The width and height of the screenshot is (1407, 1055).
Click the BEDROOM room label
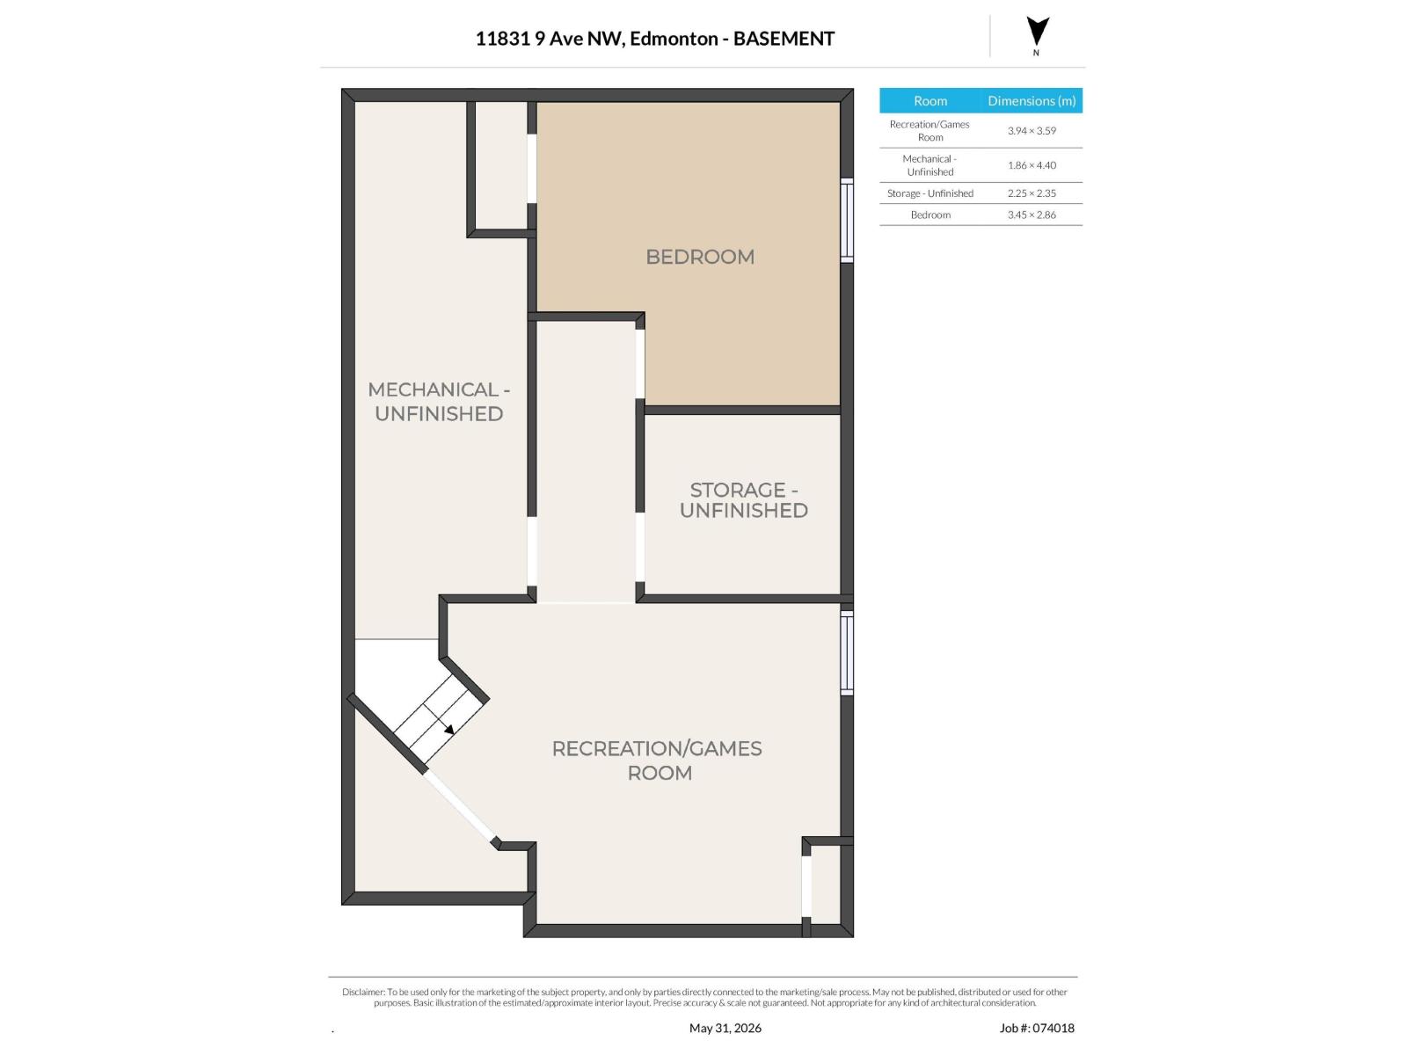[699, 256]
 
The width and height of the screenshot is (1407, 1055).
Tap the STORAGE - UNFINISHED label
[744, 499]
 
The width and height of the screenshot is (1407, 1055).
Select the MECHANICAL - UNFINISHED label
[439, 401]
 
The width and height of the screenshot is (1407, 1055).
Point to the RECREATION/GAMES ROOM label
[657, 760]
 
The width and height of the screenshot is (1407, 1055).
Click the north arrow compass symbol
[1037, 32]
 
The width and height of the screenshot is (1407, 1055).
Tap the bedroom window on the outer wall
[847, 220]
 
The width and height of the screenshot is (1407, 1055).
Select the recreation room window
[847, 652]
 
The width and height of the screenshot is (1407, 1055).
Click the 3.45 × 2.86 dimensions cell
[1032, 215]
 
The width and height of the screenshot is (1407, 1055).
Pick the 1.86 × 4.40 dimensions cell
[1032, 165]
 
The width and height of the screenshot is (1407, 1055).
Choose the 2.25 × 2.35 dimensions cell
[1032, 193]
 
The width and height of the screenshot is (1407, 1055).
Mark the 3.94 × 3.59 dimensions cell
[1032, 131]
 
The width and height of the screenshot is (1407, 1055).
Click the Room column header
[930, 100]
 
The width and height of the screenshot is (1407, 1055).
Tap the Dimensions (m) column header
[1032, 100]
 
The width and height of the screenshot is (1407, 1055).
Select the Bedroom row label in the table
[930, 215]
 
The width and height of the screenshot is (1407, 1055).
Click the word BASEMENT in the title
[784, 39]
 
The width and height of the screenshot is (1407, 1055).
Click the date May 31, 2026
[725, 1028]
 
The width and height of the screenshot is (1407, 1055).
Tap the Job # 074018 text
[1037, 1028]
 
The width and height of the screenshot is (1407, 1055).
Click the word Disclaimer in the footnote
[363, 992]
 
